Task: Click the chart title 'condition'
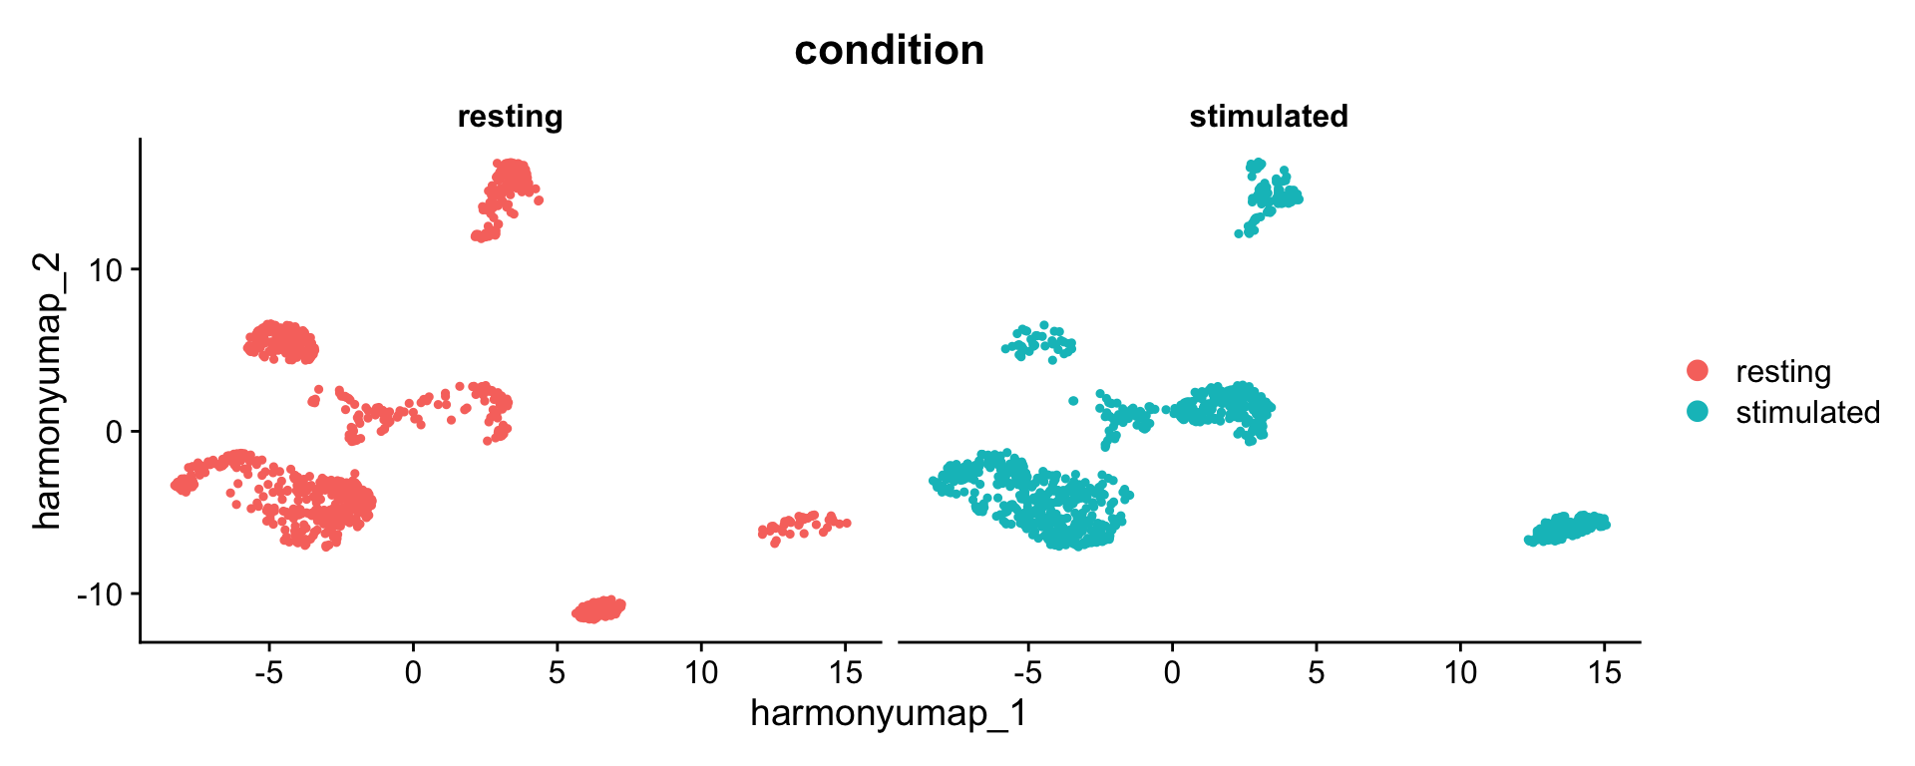click(889, 50)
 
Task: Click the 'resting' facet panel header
click(510, 117)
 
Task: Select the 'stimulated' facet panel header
click(1268, 117)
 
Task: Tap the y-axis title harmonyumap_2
click(47, 390)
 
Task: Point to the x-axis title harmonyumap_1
click(889, 713)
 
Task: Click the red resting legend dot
click(1697, 371)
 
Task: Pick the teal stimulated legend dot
click(1697, 411)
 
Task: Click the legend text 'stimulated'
click(1807, 412)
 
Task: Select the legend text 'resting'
click(1782, 371)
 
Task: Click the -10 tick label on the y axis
click(103, 594)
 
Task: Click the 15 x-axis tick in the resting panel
click(845, 673)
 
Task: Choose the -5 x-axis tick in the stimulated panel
click(1027, 673)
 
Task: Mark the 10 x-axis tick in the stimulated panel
click(1460, 673)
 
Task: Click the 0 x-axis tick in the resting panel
click(413, 673)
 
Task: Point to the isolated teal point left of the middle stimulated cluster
click(1073, 401)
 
